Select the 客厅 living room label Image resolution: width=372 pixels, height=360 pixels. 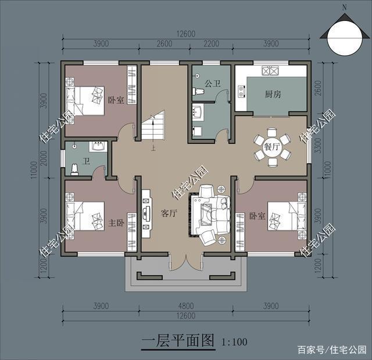coord(169,213)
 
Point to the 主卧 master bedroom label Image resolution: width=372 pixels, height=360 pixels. coord(116,222)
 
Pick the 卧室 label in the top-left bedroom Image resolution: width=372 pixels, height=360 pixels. coord(116,100)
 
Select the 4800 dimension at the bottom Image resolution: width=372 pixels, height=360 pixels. coord(187,305)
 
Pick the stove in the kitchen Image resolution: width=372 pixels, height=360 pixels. coord(271,71)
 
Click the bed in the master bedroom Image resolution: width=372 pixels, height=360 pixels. coord(85,218)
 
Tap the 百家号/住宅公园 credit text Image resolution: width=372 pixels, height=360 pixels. coord(332,350)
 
